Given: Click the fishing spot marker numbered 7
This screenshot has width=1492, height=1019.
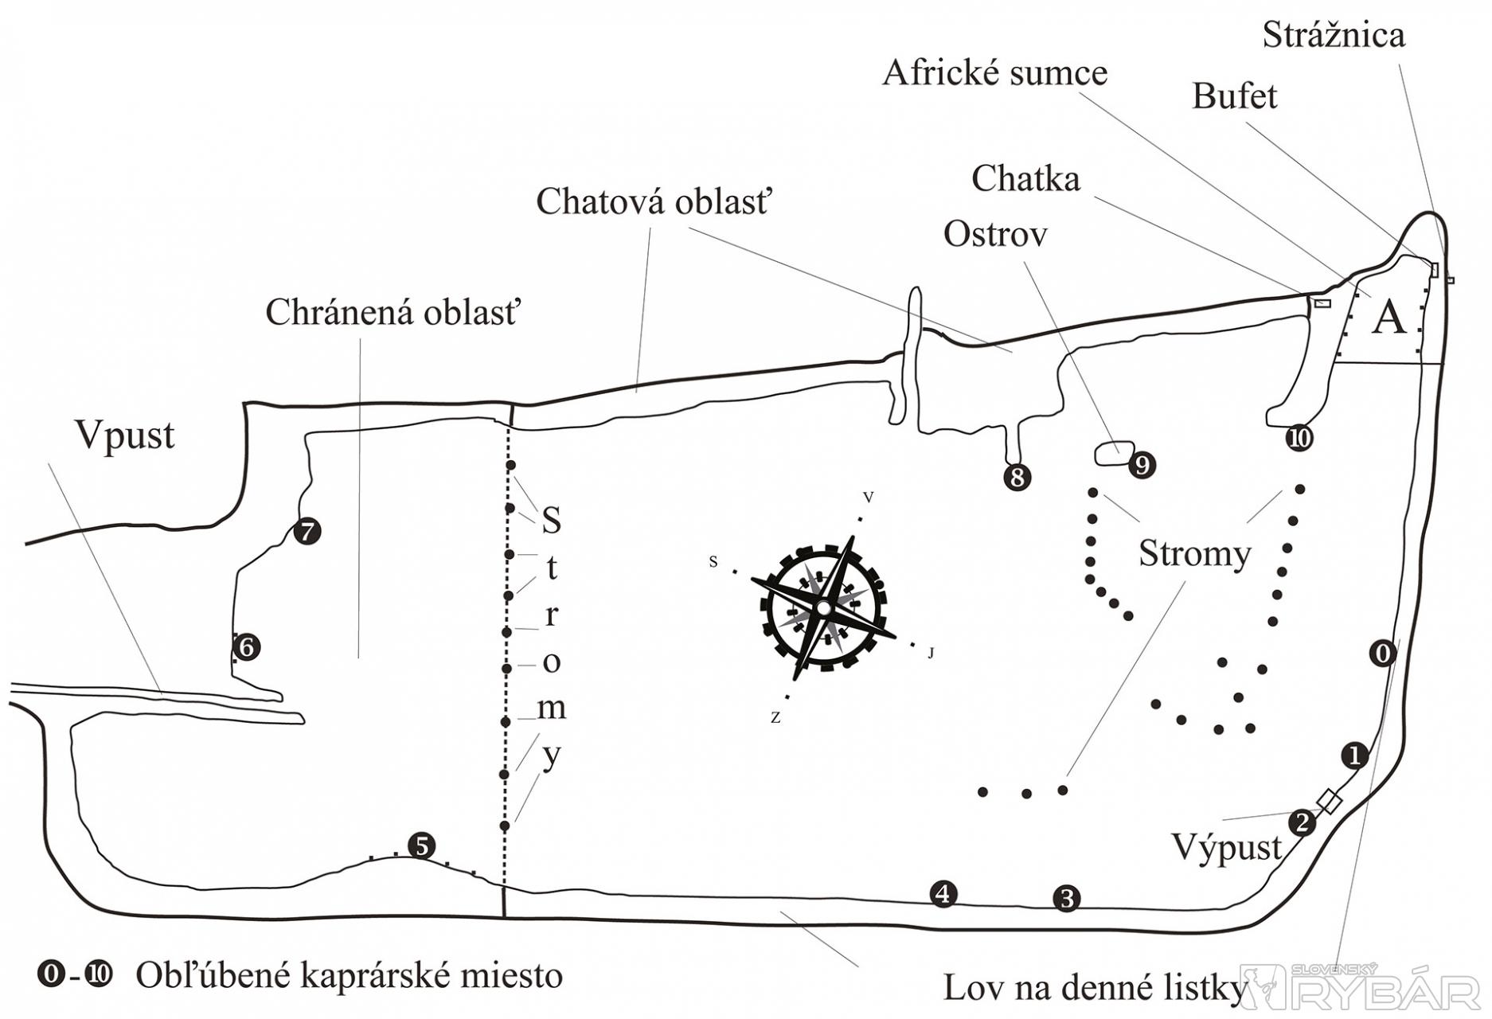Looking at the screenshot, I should click(x=307, y=531).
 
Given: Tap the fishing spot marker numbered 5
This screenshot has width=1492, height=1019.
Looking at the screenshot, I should click(x=421, y=845).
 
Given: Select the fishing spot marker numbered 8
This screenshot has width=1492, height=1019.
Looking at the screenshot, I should click(x=1017, y=477).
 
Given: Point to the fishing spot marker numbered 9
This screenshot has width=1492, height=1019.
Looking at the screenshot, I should click(x=1142, y=465).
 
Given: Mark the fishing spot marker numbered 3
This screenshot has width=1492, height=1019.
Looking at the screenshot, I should click(x=1066, y=898).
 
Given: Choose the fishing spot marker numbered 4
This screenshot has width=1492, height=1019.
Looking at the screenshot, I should click(x=943, y=894).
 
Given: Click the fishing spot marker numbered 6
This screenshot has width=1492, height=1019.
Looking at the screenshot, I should click(x=247, y=646).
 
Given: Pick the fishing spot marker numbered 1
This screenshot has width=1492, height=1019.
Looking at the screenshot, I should click(x=1354, y=755).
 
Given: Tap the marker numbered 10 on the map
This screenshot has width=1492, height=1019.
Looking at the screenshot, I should click(x=1299, y=438).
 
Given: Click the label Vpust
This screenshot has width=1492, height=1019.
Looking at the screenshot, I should click(x=125, y=435).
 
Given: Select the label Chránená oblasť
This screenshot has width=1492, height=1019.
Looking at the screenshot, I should click(x=392, y=312).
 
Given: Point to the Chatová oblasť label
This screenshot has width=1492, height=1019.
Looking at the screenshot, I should click(x=654, y=202).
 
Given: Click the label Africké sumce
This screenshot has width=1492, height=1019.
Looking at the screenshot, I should click(x=994, y=73).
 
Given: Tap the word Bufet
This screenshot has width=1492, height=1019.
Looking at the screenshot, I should click(x=1234, y=96).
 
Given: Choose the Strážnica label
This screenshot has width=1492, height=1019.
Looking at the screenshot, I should click(x=1334, y=35).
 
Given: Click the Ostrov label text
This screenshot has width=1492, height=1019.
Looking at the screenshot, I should click(x=995, y=235).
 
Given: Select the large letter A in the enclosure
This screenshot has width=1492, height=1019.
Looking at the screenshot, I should click(x=1389, y=318).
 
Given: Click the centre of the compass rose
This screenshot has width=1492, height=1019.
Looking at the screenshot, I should click(x=823, y=607).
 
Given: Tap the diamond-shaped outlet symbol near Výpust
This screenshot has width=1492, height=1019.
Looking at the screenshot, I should click(x=1329, y=802).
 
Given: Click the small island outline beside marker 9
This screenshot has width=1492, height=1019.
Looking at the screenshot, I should click(x=1114, y=453).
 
